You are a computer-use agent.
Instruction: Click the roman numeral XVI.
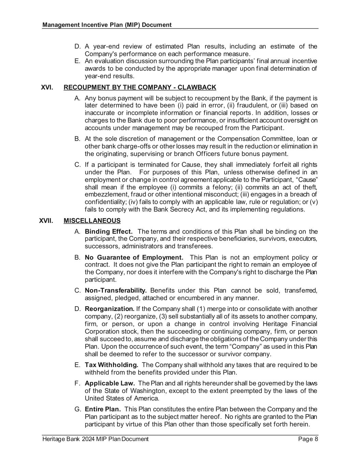[47, 87]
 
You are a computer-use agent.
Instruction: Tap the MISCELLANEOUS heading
[92, 221]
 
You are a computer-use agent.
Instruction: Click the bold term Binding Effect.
[109, 232]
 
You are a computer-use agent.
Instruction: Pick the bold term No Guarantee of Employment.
[134, 257]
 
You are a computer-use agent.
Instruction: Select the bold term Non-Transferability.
[116, 291]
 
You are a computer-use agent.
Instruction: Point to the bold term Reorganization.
[110, 309]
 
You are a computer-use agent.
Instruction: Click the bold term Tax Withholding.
[111, 365]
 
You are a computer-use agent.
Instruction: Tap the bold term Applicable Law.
[110, 383]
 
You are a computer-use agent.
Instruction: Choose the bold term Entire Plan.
[103, 409]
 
